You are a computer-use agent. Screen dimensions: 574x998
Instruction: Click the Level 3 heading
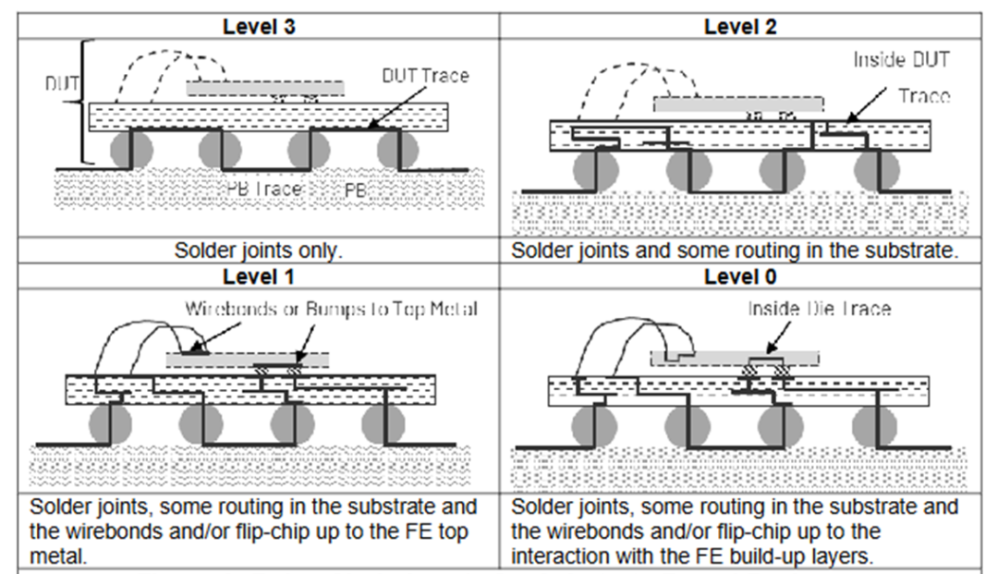click(x=260, y=26)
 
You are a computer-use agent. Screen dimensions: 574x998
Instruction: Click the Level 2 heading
click(x=740, y=26)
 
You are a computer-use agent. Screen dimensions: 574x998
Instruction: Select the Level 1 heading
click(x=260, y=275)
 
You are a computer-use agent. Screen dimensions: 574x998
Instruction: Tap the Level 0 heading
click(x=740, y=275)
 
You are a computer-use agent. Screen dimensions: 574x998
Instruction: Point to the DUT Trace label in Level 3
click(x=425, y=76)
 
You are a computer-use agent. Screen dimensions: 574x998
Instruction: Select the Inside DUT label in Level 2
click(x=901, y=60)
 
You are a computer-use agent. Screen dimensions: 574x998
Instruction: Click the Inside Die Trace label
click(x=819, y=308)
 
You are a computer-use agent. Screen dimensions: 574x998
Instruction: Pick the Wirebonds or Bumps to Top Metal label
click(x=331, y=308)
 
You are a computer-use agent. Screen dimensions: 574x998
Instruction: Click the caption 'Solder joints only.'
click(x=260, y=250)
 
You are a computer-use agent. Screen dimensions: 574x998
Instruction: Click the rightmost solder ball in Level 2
click(x=874, y=169)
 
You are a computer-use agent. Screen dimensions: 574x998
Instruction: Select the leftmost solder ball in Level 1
click(x=110, y=424)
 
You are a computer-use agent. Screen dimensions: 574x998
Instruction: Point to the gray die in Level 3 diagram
click(x=265, y=88)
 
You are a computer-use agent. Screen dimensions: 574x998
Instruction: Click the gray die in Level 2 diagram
click(x=736, y=104)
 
